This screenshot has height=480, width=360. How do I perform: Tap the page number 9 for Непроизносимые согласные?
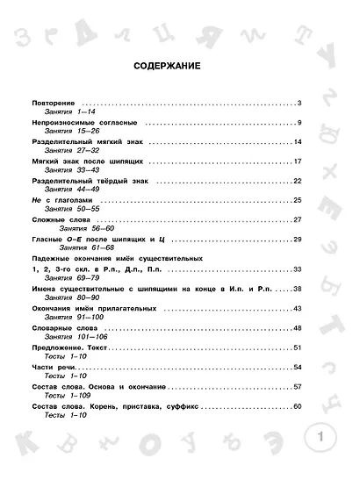(x=299, y=122)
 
